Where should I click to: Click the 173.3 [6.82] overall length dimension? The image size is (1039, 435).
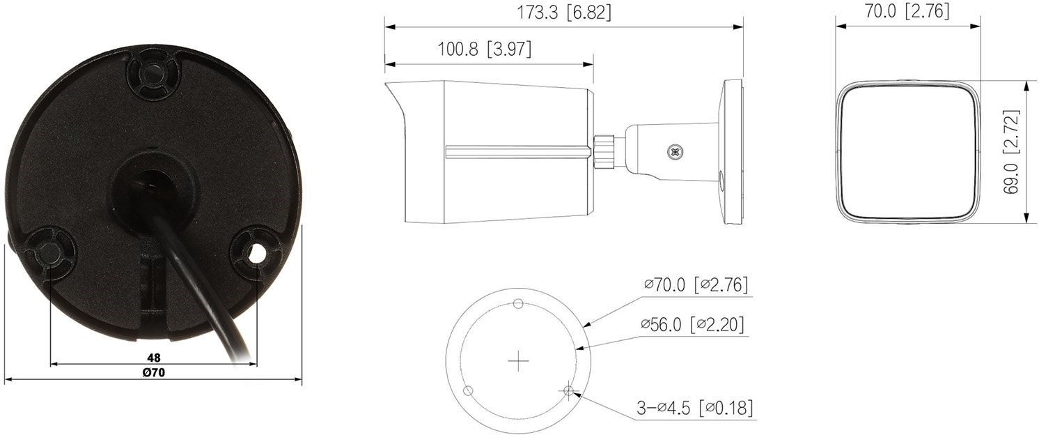[x=564, y=13]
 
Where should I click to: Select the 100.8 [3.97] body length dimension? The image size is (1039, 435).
[x=484, y=49]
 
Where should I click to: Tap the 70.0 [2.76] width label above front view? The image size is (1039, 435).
[x=908, y=11]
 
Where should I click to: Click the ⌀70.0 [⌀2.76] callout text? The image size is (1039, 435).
[x=696, y=284]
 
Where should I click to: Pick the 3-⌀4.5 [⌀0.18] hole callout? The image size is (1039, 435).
[x=695, y=408]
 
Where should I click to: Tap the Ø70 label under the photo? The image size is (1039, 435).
[x=153, y=373]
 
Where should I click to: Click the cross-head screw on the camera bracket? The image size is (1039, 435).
[x=674, y=150]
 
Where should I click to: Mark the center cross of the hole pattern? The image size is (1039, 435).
[x=518, y=361]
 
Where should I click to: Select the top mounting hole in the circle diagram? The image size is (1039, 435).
[x=518, y=303]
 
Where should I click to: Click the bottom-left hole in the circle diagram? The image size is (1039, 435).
[x=469, y=390]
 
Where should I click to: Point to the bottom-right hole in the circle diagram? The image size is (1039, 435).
[x=569, y=392]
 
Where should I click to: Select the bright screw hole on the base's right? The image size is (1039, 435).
[x=257, y=254]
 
